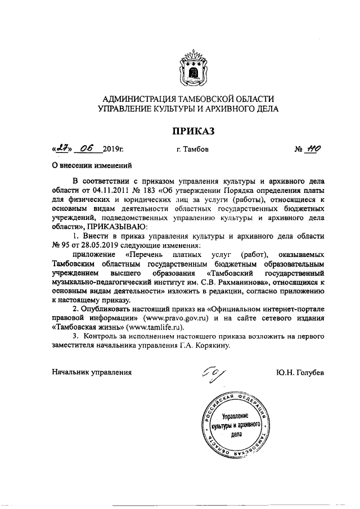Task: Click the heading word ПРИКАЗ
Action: click(x=193, y=131)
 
